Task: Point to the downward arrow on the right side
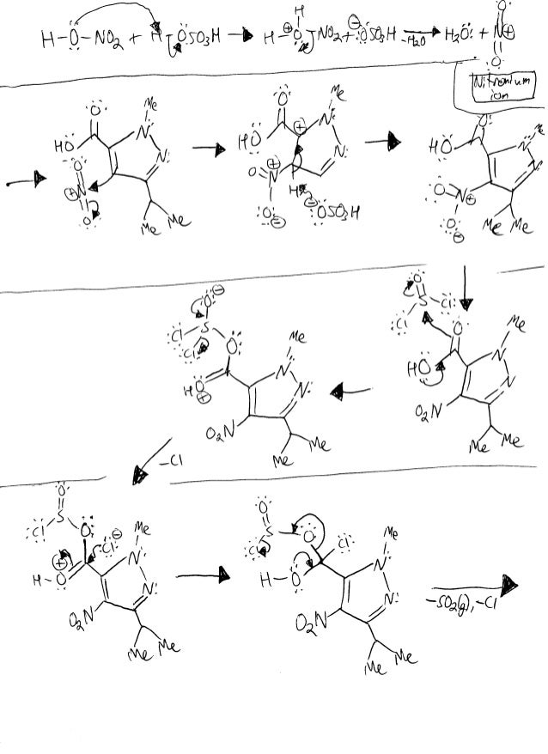pos(466,291)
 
